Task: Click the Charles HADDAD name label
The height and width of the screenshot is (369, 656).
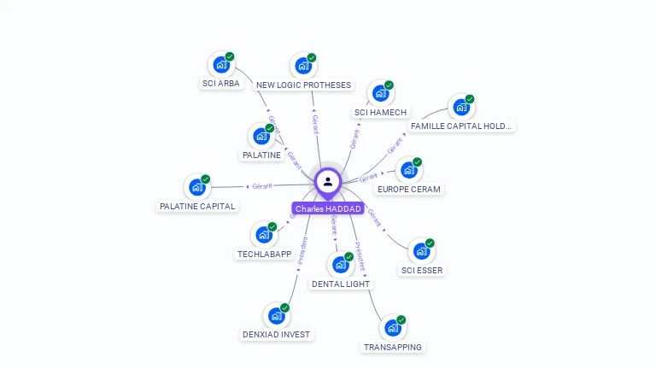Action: point(329,208)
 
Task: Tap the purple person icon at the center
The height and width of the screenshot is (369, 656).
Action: point(328,181)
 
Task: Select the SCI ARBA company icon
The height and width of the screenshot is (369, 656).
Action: point(220,64)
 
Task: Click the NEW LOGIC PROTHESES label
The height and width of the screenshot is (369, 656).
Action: point(303,85)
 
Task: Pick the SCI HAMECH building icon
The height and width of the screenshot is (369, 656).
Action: point(379,93)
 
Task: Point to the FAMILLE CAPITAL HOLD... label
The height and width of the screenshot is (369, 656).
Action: point(461,126)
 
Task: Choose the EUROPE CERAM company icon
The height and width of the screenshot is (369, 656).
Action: point(408,170)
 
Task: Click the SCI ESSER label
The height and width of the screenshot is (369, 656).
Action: point(422,271)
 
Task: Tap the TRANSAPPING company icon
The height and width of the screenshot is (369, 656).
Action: point(391,328)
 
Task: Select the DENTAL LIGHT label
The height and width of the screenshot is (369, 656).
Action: point(341,284)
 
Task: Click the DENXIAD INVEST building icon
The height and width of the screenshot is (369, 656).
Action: point(275,316)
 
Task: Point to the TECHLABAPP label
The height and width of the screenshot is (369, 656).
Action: point(264,255)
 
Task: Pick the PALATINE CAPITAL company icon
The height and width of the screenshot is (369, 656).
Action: point(196,187)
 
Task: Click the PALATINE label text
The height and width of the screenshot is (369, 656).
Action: point(261,155)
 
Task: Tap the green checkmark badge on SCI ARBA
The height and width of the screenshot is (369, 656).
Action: point(230,56)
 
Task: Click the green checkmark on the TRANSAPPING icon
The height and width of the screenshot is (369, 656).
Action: point(401,320)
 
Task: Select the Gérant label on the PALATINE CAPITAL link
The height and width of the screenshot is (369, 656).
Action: point(261,186)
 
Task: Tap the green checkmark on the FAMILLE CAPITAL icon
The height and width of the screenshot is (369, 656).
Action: point(470,99)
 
